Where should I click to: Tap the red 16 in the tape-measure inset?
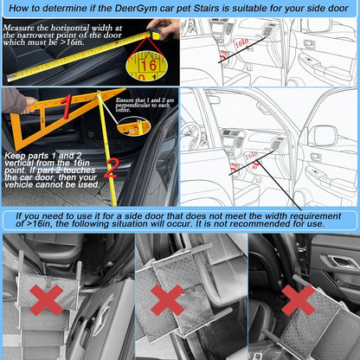coord(149,66)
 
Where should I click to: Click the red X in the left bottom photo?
coord(46,299)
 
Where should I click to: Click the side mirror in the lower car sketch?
coord(321,135)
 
